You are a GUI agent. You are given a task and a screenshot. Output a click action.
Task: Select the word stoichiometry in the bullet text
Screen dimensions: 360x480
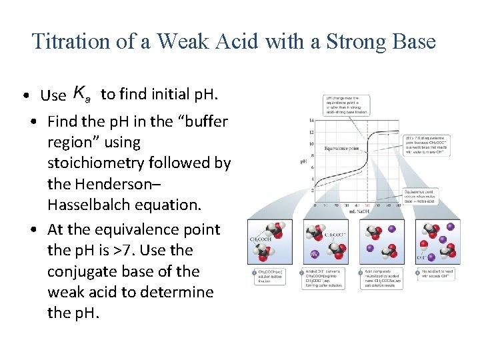(x=103, y=163)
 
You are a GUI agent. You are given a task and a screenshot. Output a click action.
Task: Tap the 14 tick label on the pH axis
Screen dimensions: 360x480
(x=311, y=121)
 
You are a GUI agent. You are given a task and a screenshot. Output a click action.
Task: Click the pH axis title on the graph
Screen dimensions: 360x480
(x=303, y=161)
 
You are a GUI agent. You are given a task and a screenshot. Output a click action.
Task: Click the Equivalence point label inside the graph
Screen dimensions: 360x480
(x=342, y=148)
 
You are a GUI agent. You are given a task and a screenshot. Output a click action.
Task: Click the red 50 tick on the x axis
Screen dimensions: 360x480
(x=367, y=205)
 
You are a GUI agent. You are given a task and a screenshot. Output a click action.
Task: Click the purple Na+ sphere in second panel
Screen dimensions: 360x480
(x=314, y=254)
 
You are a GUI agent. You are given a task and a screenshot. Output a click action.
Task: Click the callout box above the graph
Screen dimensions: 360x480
(x=347, y=105)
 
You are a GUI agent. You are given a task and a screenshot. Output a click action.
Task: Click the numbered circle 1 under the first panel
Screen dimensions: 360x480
(x=254, y=273)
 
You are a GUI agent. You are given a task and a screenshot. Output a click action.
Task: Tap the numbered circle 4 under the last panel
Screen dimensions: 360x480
(x=418, y=273)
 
